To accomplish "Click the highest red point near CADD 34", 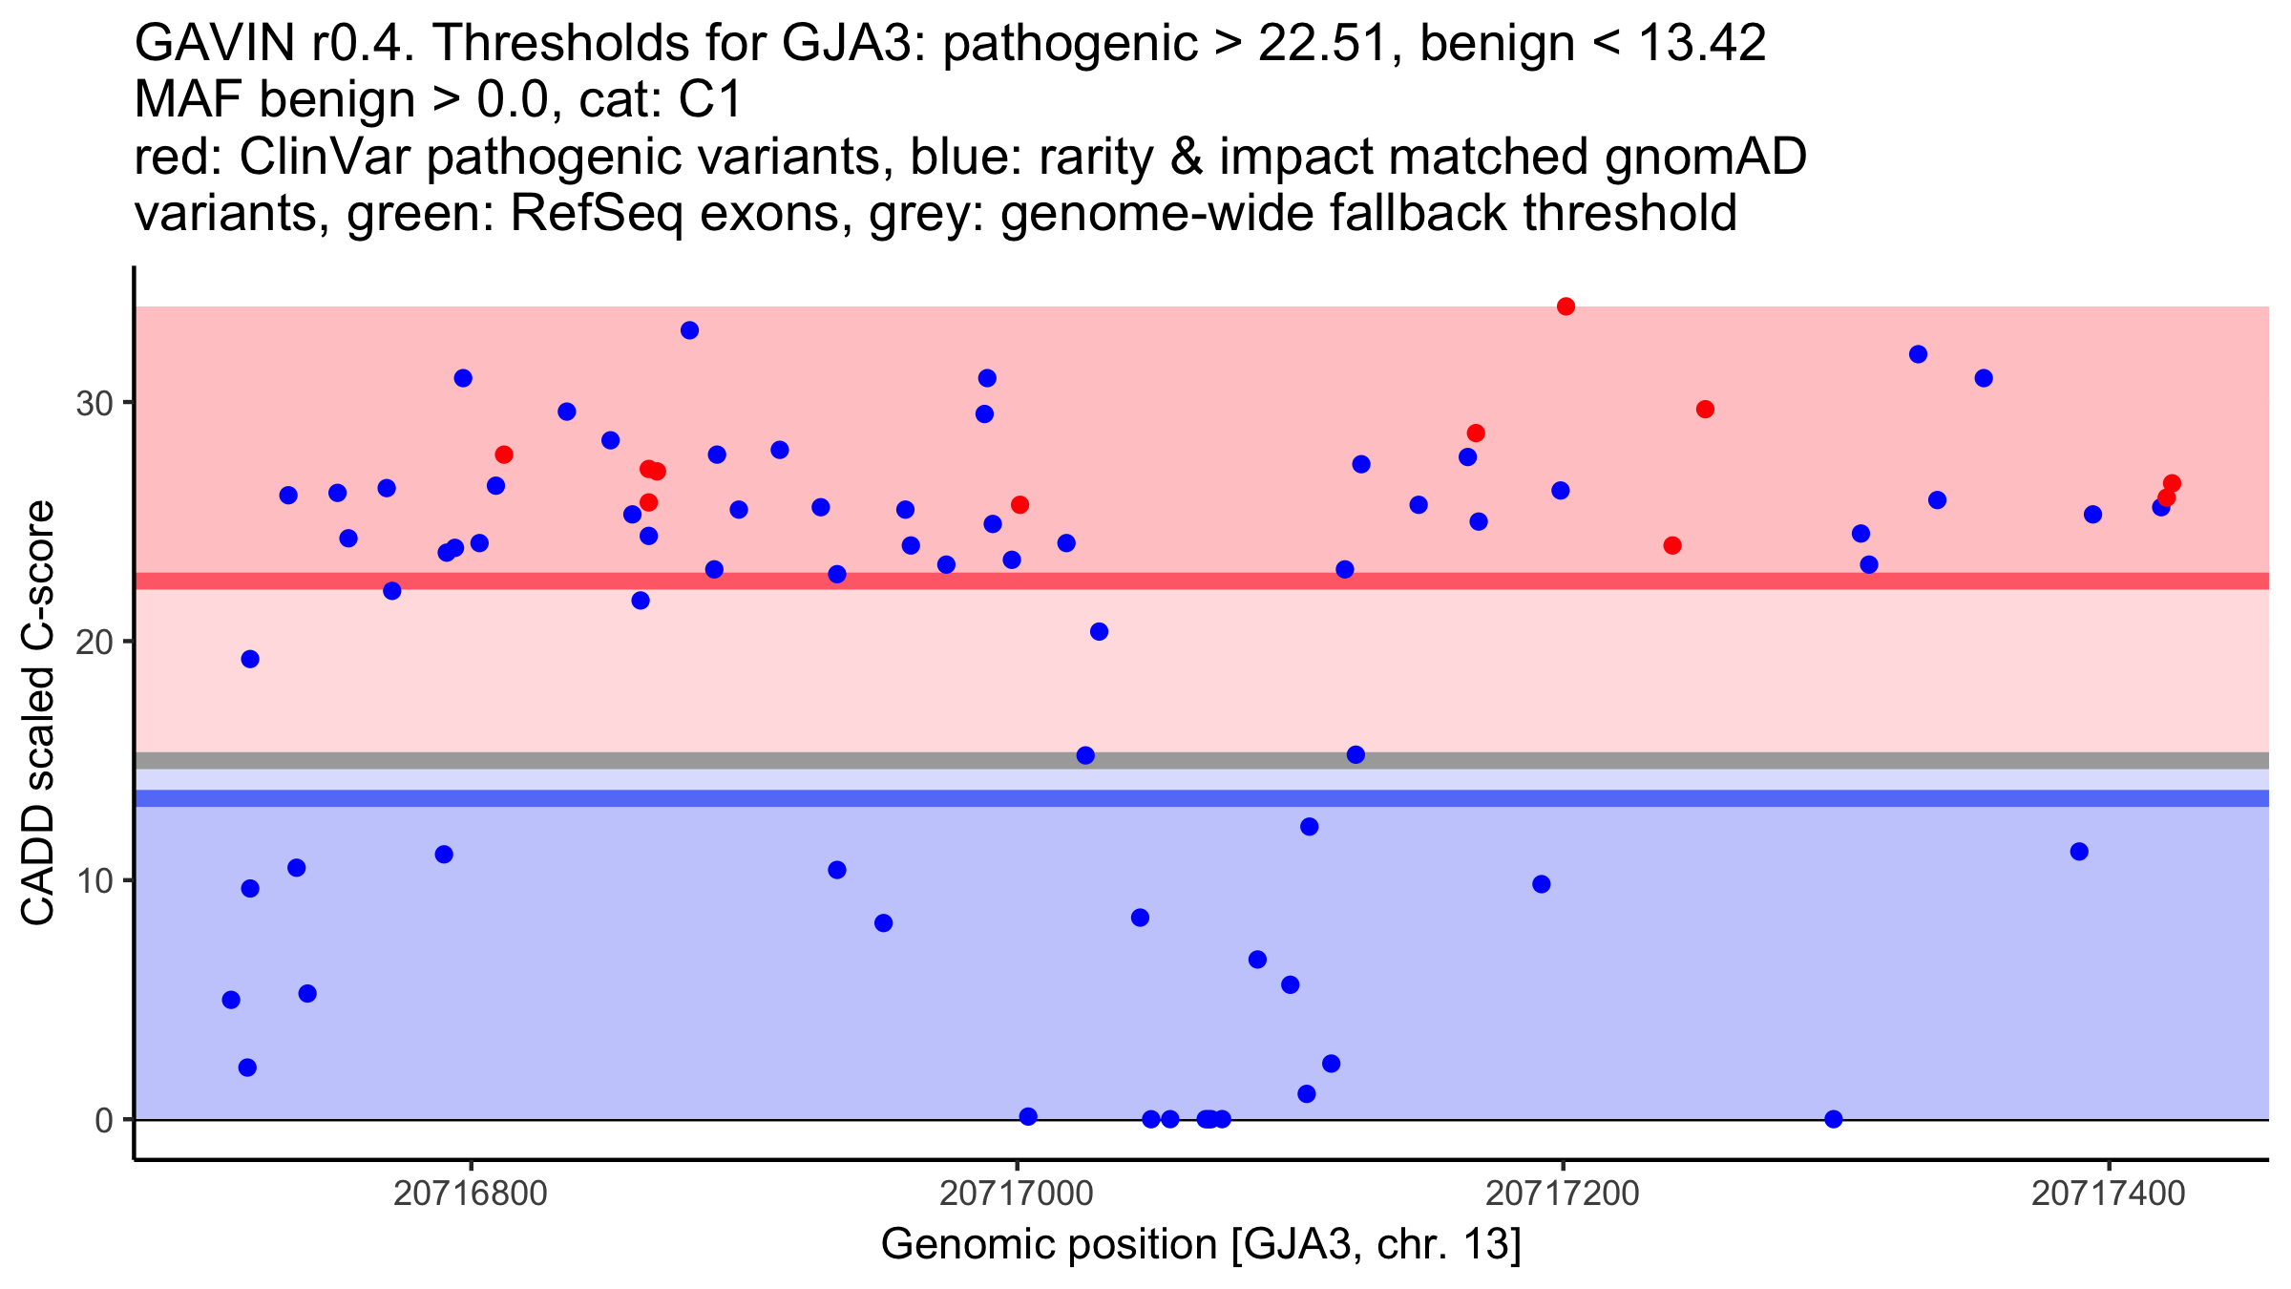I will point(1566,306).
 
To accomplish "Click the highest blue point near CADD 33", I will point(689,330).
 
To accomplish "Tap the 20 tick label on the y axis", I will point(95,642).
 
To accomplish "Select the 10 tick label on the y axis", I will point(95,880).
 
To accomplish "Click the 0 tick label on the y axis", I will point(104,1120).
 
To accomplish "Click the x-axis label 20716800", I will point(471,1194).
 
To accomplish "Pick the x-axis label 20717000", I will point(1017,1194).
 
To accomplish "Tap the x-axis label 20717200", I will point(1563,1194).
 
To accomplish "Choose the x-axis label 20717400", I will point(2109,1194).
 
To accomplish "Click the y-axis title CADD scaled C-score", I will point(38,713).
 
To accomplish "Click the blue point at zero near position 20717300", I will point(1833,1119).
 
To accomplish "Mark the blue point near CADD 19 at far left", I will point(250,659).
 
